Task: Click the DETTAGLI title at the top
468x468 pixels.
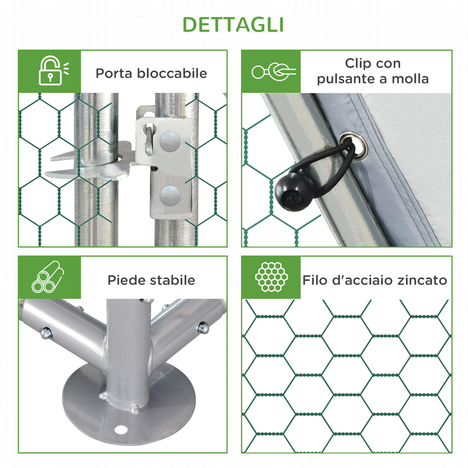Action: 233,25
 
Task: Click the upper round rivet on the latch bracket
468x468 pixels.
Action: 170,141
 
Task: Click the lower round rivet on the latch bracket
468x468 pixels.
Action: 170,195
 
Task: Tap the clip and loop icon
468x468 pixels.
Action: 273,72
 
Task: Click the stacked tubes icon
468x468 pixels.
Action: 48,277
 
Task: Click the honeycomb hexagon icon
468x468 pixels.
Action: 272,277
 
